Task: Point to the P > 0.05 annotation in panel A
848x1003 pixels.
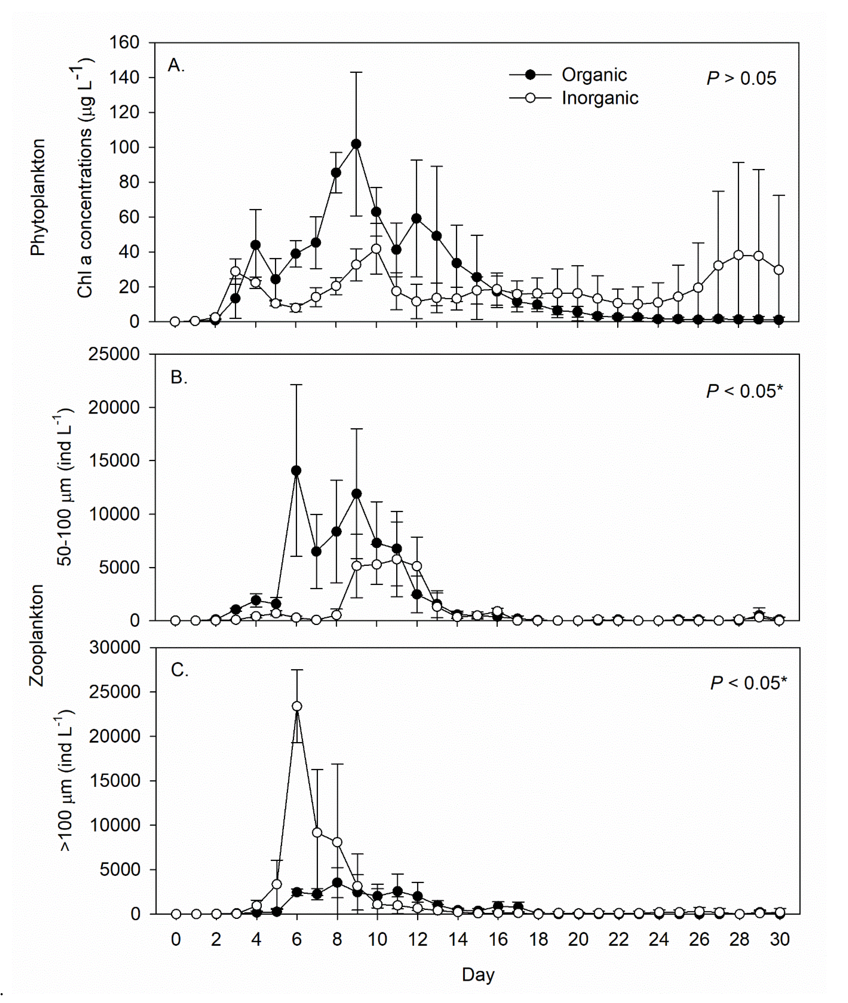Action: [x=741, y=78]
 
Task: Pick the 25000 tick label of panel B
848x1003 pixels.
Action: [x=114, y=354]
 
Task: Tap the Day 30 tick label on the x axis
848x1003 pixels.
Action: [x=779, y=939]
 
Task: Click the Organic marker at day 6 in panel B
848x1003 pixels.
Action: [x=296, y=471]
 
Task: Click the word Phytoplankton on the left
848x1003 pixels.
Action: [x=37, y=197]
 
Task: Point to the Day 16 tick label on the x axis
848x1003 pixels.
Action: [x=498, y=939]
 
